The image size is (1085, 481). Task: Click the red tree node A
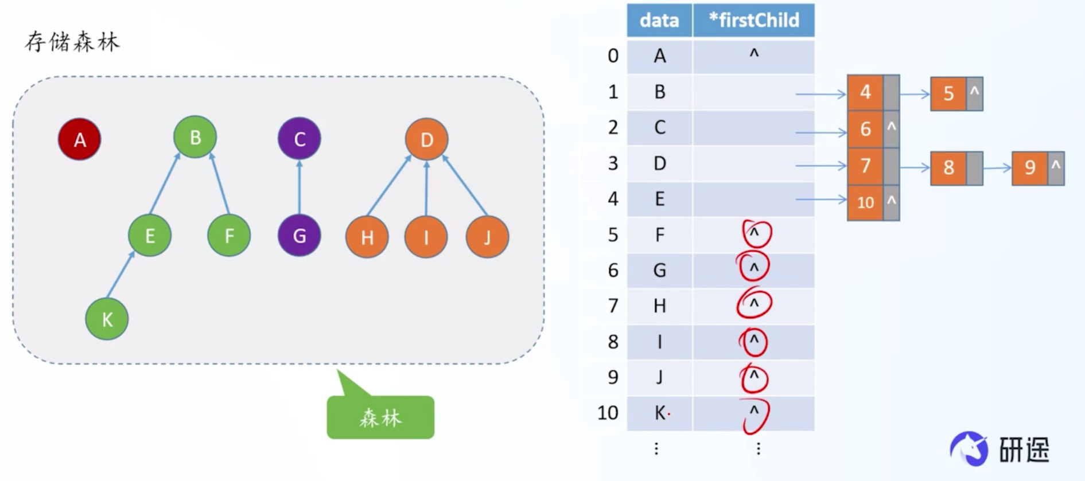(x=80, y=139)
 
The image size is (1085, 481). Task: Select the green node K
(x=107, y=319)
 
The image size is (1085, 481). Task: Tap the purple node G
(x=299, y=235)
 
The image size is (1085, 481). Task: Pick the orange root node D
(x=426, y=139)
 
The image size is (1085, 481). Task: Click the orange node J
(x=487, y=236)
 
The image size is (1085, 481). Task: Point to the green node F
(x=229, y=235)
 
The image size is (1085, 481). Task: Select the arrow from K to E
(x=120, y=275)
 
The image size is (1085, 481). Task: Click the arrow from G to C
(x=299, y=187)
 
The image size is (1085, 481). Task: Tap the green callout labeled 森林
(x=380, y=417)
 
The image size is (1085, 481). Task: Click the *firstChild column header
(x=753, y=21)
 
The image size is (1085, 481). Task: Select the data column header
(x=659, y=21)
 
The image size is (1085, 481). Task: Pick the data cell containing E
(x=659, y=199)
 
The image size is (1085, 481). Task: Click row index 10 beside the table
(x=608, y=413)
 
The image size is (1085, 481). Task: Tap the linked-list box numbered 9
(x=1030, y=168)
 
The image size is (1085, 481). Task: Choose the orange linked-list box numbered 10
(x=865, y=202)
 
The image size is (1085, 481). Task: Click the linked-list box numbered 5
(x=948, y=93)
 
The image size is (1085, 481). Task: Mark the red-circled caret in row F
(x=755, y=233)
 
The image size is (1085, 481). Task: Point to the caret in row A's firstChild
(x=754, y=54)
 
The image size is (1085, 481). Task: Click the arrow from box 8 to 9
(x=997, y=168)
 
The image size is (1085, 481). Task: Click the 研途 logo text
(x=1024, y=449)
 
